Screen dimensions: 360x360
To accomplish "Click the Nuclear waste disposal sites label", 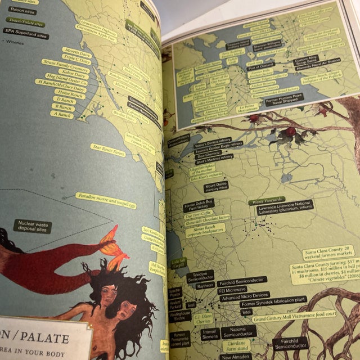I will (x=33, y=227).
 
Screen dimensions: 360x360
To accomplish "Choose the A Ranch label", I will (x=62, y=114).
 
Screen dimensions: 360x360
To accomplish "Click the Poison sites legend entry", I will (x=22, y=11).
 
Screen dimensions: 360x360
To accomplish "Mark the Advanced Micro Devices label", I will (x=244, y=296).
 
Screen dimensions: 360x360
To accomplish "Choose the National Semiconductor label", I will (x=238, y=331).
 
